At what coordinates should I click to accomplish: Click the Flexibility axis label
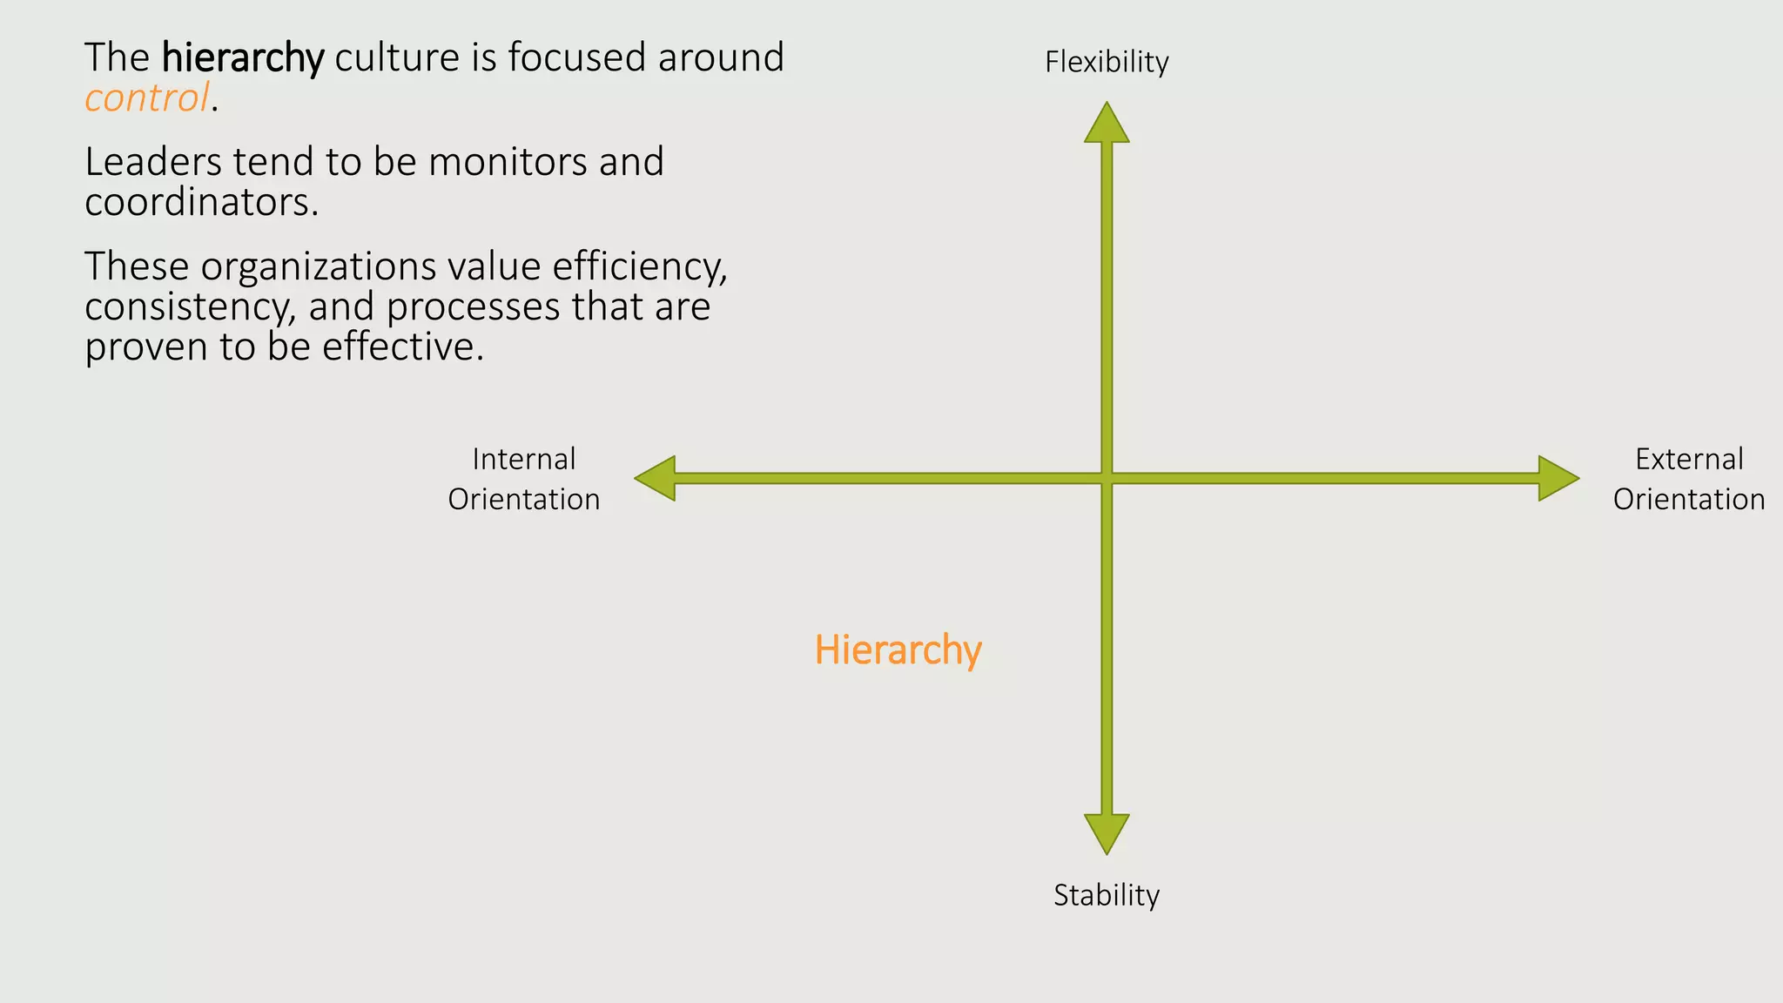pos(1107,62)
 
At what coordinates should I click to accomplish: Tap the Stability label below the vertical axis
pos(1107,895)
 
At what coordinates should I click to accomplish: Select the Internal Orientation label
pos(524,479)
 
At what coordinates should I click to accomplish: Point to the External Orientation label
pos(1689,479)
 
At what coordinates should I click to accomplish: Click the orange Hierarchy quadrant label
pos(898,650)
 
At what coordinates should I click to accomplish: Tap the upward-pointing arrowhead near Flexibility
pos(1107,124)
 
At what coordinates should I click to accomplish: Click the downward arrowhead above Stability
pos(1107,833)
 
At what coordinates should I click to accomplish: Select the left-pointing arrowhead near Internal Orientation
pos(656,478)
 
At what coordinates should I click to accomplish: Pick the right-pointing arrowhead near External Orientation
pos(1558,478)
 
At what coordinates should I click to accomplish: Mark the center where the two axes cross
pos(1107,478)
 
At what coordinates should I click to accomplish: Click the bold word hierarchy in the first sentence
pos(243,58)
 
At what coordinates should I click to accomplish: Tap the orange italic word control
pos(147,98)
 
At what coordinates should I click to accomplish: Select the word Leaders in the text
pos(152,162)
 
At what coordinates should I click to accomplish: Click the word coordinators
pos(200,203)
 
